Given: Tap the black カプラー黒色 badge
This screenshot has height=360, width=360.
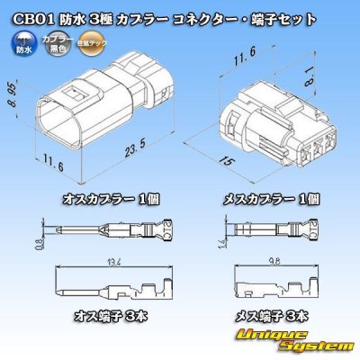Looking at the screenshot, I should [55, 40].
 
